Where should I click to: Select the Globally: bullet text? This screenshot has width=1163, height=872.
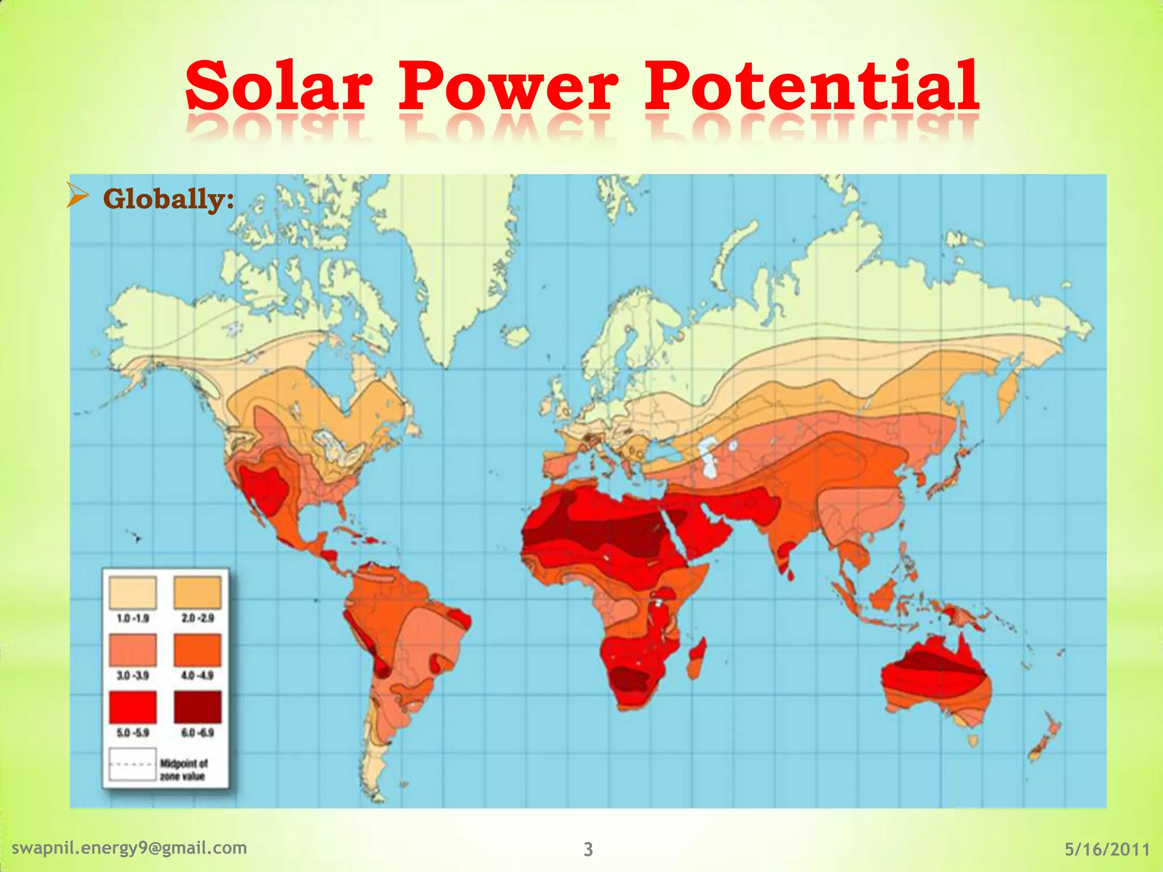coord(169,199)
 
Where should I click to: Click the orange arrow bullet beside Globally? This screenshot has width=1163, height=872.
coord(78,195)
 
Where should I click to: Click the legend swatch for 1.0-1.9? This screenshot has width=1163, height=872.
coord(132,593)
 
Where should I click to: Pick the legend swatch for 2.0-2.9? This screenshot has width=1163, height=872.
coord(197,593)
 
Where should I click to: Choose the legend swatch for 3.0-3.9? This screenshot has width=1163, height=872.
coord(132,651)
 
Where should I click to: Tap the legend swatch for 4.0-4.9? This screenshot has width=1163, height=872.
coord(197,651)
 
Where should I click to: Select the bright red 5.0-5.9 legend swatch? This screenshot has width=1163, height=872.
coord(132,707)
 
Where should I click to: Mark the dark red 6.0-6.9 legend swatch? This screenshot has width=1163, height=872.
coord(197,707)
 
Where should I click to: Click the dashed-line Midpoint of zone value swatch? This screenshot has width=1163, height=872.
coord(132,765)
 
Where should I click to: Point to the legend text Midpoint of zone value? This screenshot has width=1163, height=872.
coord(183,770)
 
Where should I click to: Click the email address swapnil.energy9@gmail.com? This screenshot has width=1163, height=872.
coord(129,848)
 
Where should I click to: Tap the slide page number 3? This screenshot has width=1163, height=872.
coord(588,849)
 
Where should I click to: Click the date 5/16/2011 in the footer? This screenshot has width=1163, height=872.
coord(1107,849)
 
